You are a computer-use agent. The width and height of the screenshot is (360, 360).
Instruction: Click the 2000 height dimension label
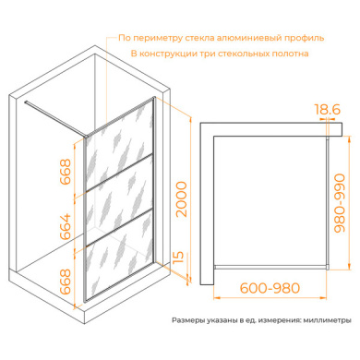(x=181, y=199)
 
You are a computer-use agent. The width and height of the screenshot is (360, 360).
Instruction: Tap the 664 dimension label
(x=66, y=227)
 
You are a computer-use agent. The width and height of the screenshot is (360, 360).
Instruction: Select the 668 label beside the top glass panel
(x=66, y=172)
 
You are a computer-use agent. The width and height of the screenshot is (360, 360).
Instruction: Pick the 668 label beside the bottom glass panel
(x=66, y=282)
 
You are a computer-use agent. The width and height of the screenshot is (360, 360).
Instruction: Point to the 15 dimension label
(x=178, y=258)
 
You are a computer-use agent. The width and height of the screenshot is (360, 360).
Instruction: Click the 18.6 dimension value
(x=327, y=109)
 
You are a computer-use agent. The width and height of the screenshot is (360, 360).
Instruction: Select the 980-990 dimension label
(x=340, y=203)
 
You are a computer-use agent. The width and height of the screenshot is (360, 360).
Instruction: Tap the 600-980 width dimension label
(x=270, y=288)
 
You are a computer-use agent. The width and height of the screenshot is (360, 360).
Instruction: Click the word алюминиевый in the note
(x=248, y=38)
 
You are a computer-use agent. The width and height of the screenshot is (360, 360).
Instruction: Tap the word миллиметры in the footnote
(x=327, y=320)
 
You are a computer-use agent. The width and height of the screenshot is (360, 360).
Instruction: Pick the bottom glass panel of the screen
(x=120, y=256)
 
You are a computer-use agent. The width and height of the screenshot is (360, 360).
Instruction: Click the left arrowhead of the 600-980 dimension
(x=217, y=297)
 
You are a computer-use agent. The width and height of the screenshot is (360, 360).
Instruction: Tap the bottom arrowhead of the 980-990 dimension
(x=349, y=266)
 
